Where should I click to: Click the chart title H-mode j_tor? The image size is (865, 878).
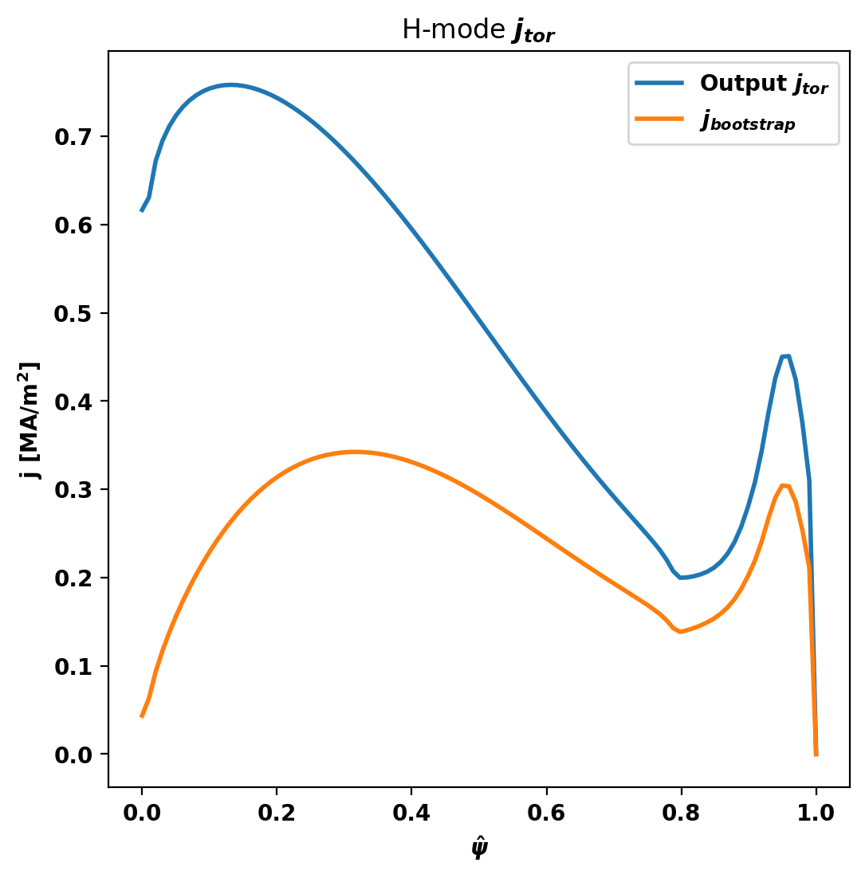[x=478, y=30]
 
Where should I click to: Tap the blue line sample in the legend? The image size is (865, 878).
[x=659, y=82]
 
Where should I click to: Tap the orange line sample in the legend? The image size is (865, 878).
[x=659, y=119]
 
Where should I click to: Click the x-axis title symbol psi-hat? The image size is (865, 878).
[x=478, y=848]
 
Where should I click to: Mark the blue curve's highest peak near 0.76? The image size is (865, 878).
[x=230, y=84]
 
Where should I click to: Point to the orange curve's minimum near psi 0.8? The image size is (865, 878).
[x=680, y=632]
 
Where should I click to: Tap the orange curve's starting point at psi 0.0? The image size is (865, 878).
[x=142, y=716]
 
